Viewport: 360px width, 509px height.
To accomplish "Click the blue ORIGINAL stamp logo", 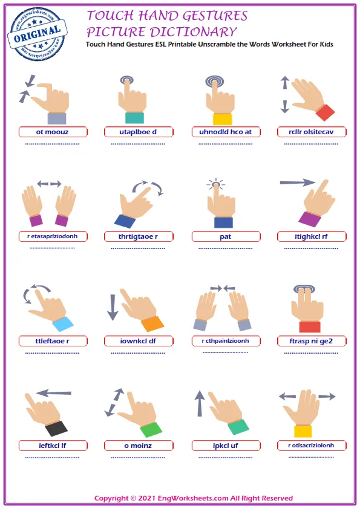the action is coord(37,34).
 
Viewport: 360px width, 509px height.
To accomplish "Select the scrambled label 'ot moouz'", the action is coord(52,132).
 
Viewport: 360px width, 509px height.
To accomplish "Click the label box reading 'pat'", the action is coord(226,236).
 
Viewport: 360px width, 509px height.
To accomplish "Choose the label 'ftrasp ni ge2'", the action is coord(311,341).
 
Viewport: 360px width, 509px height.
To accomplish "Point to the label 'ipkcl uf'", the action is coord(226,446).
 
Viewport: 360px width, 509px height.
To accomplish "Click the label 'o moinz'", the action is coord(138,446).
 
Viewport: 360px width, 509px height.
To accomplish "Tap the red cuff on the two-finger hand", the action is coord(310,326).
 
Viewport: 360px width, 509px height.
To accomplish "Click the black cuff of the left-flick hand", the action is coord(56,429).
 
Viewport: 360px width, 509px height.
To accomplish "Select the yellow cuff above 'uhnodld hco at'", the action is coord(223,119).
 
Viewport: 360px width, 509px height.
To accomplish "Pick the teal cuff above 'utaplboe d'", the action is coord(134,117).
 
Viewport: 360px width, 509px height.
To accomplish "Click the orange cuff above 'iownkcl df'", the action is coord(152,324).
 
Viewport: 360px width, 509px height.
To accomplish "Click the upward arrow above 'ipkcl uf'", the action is coord(200,403).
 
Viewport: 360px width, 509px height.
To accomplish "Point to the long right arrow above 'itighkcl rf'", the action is coord(298,183).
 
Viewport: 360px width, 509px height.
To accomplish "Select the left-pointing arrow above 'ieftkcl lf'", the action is coord(54,393).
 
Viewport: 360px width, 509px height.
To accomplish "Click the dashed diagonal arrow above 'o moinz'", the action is coord(114,402).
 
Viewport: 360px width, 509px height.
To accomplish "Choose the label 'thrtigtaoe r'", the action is coord(138,236).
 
